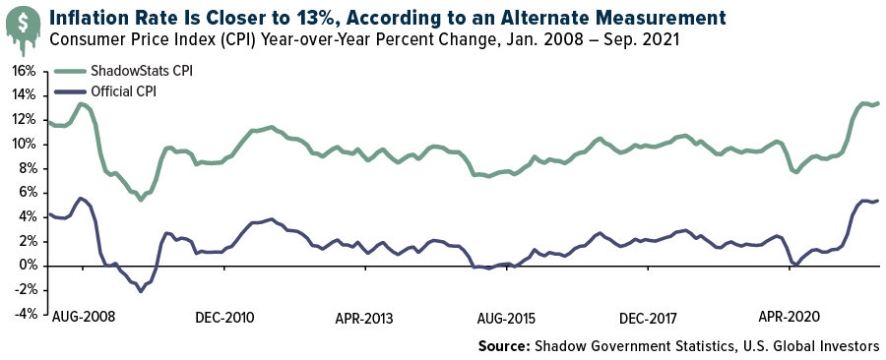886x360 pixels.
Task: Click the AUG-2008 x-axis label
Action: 83,319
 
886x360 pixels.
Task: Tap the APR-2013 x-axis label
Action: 365,319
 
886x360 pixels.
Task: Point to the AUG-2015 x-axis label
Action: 508,319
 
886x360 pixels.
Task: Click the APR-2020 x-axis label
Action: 791,319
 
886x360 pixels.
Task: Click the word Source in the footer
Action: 503,346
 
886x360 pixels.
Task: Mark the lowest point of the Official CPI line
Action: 141,291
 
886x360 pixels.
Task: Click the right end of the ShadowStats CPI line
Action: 878,103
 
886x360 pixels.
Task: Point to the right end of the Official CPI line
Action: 878,201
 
